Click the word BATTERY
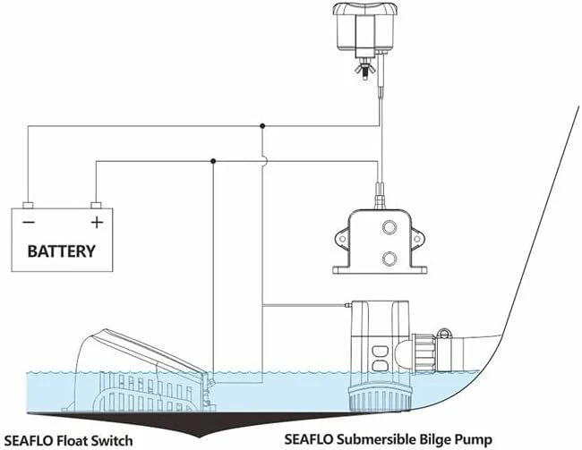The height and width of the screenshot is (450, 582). (x=62, y=251)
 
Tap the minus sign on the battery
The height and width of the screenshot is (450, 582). (x=29, y=222)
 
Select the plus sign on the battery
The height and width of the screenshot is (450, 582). (x=97, y=222)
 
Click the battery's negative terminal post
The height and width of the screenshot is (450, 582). (x=28, y=205)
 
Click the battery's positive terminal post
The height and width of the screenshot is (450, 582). (x=96, y=205)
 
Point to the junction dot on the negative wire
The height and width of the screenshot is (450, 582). (x=262, y=126)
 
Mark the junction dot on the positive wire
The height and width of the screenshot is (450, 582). (x=213, y=161)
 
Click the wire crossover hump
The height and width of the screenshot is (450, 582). (x=265, y=161)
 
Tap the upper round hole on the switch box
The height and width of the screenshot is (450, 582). (x=389, y=226)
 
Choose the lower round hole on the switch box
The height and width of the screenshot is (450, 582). (x=389, y=259)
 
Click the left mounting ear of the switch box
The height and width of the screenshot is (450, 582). (x=342, y=238)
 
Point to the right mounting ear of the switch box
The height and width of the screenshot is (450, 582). (x=417, y=238)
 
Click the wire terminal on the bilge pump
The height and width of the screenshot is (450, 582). (x=348, y=306)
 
